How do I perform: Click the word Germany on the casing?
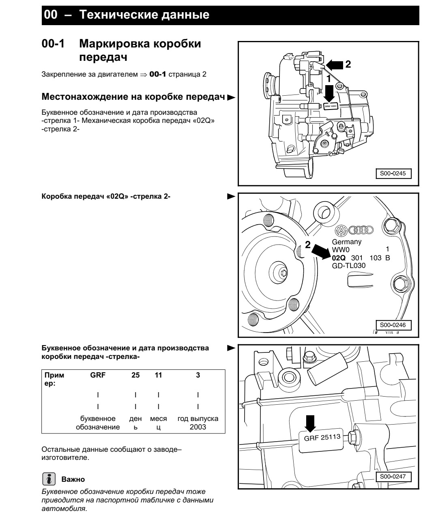[x=347, y=242]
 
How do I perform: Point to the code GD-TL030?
[x=349, y=266]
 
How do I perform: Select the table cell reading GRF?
[x=98, y=376]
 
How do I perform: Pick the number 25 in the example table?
[x=135, y=376]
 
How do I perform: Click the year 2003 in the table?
[x=198, y=427]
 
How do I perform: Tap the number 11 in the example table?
[x=158, y=376]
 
